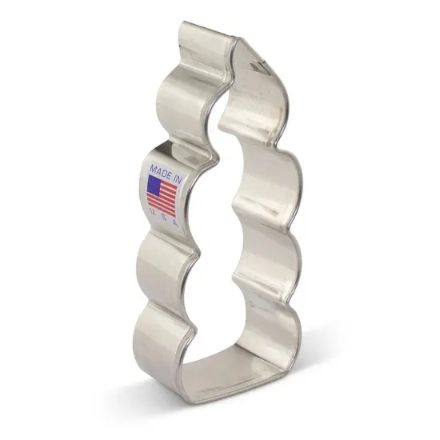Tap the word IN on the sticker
pyautogui.click(x=180, y=175)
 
